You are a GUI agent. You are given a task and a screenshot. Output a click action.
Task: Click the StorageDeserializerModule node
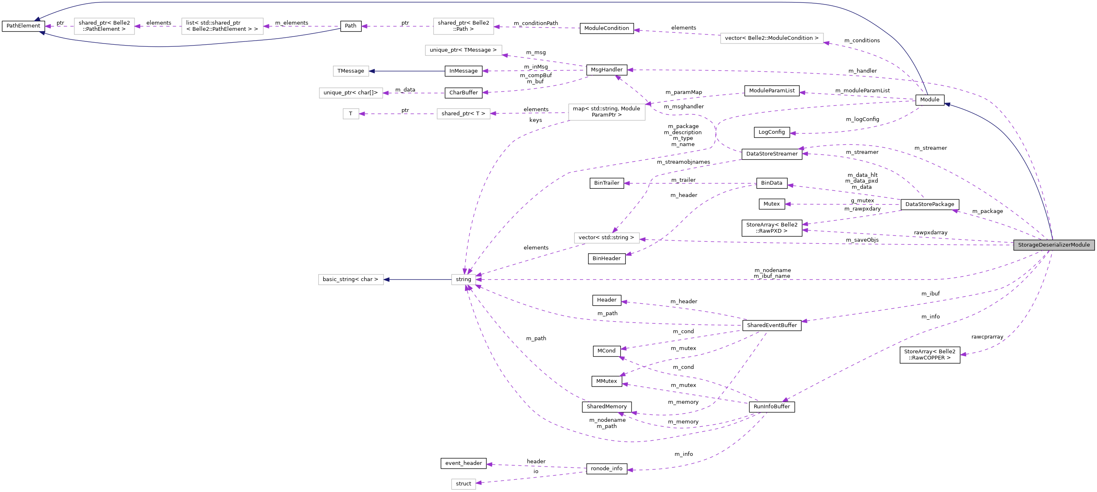pos(1054,245)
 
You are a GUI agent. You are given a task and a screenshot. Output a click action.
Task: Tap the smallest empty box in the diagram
pos(351,114)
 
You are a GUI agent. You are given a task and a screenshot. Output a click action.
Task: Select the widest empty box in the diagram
pos(772,38)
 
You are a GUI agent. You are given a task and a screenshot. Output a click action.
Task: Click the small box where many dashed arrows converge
pos(463,280)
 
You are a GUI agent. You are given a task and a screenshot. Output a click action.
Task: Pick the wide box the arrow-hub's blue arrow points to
pos(351,280)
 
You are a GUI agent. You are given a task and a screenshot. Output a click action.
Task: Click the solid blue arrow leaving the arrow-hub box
pos(417,280)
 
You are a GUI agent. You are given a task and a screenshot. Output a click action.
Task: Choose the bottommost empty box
pos(463,484)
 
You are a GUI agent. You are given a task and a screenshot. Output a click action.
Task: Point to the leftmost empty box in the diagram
pos(104,26)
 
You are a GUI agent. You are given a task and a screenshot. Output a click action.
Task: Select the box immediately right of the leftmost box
pos(222,26)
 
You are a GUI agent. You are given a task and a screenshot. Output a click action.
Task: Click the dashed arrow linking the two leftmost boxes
pos(158,26)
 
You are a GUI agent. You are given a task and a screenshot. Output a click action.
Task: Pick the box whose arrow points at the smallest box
pos(463,114)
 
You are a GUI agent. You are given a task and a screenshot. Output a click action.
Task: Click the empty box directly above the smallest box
pos(351,93)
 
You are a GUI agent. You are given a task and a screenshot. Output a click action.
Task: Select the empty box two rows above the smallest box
pos(351,71)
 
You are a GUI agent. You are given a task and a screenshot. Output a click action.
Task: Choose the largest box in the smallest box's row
pos(607,112)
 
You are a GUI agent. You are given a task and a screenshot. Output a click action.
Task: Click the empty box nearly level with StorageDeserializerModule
pos(607,238)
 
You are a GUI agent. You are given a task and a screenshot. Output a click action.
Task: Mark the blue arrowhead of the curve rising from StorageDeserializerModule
pos(946,104)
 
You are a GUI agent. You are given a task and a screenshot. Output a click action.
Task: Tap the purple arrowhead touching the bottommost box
pos(479,483)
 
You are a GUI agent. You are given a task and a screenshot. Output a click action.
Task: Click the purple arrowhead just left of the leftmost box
pos(48,26)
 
